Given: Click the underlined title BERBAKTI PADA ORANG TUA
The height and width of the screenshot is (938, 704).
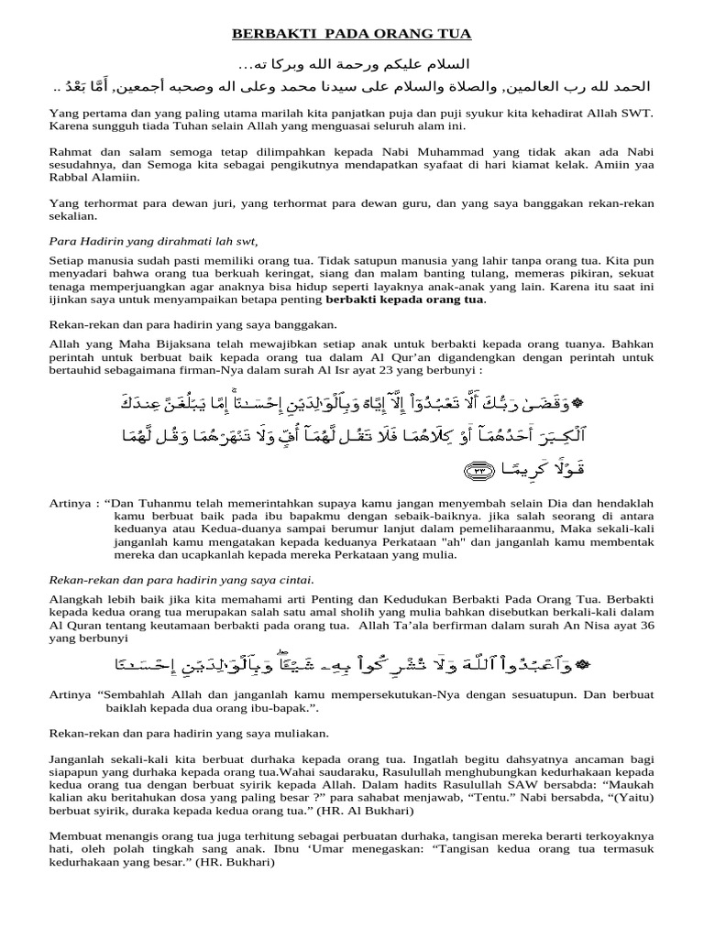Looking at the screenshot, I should coord(351,35).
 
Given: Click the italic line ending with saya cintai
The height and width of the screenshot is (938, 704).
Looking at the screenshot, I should coord(181,580).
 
